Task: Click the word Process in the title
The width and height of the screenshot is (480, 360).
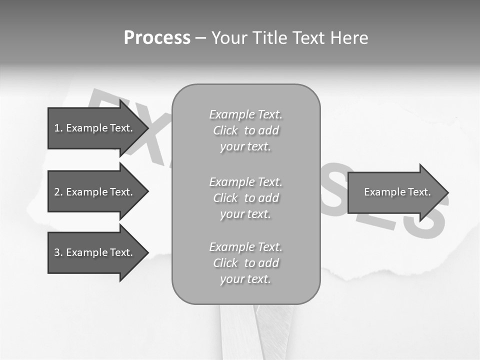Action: (157, 38)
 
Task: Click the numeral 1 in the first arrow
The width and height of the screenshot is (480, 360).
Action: (57, 128)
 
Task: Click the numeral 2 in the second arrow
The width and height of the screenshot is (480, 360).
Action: (57, 192)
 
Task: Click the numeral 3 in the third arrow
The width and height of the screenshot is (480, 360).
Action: (57, 252)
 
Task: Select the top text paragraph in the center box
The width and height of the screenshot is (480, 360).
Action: (245, 130)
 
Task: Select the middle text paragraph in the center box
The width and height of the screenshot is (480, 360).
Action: (245, 197)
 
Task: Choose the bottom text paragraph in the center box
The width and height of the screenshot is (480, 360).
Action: (245, 263)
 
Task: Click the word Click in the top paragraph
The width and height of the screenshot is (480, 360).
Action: (225, 130)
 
